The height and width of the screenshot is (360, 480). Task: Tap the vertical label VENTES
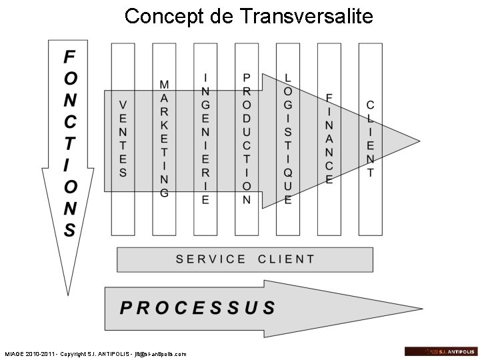[x=123, y=138]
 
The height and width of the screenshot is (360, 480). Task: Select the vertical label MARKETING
[x=164, y=139]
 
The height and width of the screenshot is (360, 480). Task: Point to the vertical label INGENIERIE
[x=205, y=139]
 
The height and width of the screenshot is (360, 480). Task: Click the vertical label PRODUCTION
[x=247, y=139]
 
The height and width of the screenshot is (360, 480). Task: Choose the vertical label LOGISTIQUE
[x=288, y=139]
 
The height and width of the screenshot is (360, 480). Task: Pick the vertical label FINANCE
[x=329, y=139]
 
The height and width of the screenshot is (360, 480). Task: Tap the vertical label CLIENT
[x=371, y=139]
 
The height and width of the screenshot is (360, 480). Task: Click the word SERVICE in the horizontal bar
[x=211, y=259]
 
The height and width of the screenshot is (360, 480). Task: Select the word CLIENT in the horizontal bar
[x=286, y=259]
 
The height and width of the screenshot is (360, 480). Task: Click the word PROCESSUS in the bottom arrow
[x=197, y=308]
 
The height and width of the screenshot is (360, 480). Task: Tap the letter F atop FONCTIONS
[x=69, y=57]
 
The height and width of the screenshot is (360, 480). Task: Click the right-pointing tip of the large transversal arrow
[x=420, y=141]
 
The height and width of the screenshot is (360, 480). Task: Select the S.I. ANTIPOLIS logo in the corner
[x=440, y=351]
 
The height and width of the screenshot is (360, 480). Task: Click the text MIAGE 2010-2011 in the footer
[x=29, y=354]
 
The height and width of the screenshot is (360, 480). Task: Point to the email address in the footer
[x=161, y=354]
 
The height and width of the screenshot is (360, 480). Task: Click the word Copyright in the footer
[x=75, y=354]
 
